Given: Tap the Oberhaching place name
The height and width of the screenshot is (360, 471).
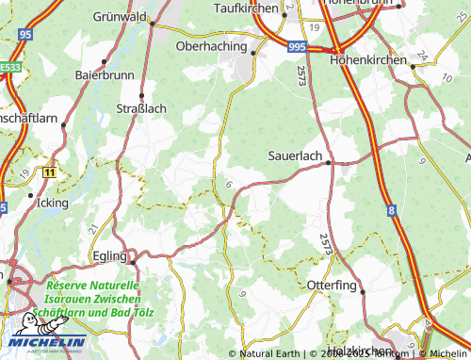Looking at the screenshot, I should [x=211, y=45].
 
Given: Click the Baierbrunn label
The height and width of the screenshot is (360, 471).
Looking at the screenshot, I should [x=101, y=73].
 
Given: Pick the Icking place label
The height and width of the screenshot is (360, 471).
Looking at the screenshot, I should [x=51, y=203].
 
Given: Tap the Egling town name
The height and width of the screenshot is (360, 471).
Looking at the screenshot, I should [x=111, y=255].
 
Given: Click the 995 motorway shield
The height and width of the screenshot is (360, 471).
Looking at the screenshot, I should [x=298, y=46].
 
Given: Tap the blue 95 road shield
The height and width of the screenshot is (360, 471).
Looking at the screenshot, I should [x=25, y=35].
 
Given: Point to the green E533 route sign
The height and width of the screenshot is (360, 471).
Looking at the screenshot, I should [x=9, y=67].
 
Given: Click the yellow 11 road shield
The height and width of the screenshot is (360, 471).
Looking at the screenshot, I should [x=49, y=172].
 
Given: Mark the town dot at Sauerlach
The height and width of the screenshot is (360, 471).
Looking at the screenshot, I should [x=328, y=163].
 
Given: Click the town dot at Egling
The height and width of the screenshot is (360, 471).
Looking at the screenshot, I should [x=133, y=261].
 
